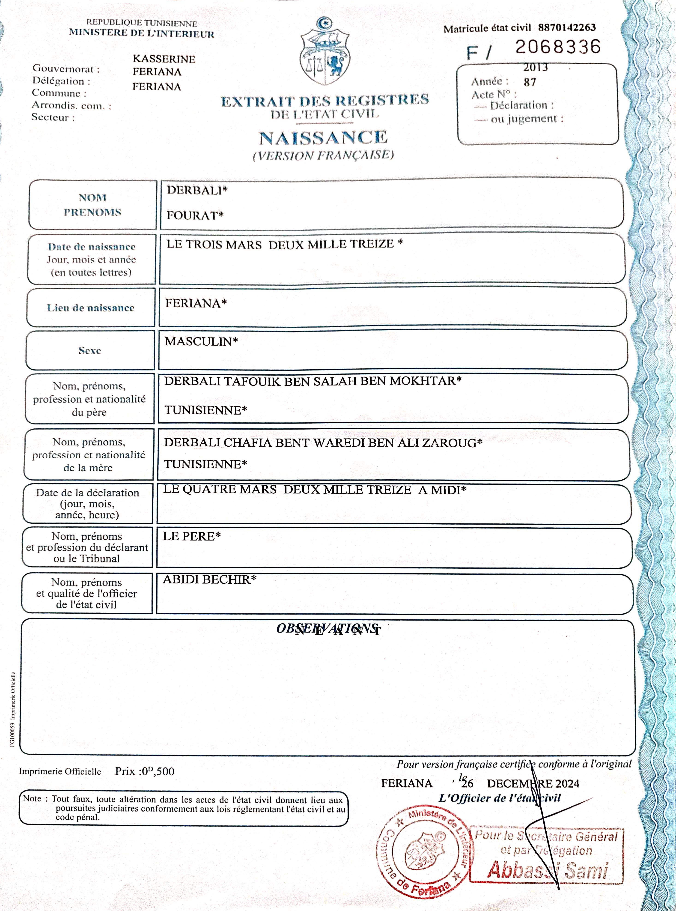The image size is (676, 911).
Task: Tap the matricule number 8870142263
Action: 567,27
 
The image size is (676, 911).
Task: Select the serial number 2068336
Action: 558,47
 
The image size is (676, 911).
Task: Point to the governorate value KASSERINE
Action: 164,59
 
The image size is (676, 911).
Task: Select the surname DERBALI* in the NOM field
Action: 197,190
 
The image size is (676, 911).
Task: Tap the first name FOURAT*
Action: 195,215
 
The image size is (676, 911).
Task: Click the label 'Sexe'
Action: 90,350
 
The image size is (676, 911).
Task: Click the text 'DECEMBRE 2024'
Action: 533,783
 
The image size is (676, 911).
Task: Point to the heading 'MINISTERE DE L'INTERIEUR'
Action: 142,33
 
